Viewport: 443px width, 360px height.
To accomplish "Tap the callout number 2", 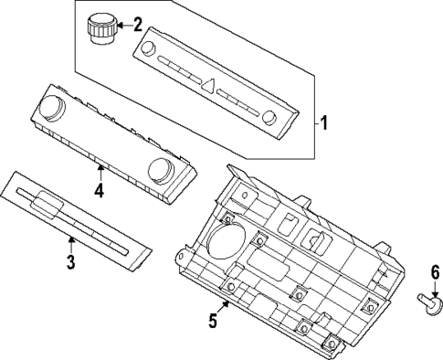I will pyautogui.click(x=138, y=23).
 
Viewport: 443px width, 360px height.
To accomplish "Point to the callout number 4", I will pyautogui.click(x=99, y=190).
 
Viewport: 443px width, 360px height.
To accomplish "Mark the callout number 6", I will pyautogui.click(x=435, y=271).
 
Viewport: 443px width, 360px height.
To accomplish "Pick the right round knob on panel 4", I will pyautogui.click(x=163, y=169).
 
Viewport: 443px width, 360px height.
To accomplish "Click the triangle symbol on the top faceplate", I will pyautogui.click(x=209, y=89).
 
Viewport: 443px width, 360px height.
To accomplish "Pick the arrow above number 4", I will pyautogui.click(x=100, y=171).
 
